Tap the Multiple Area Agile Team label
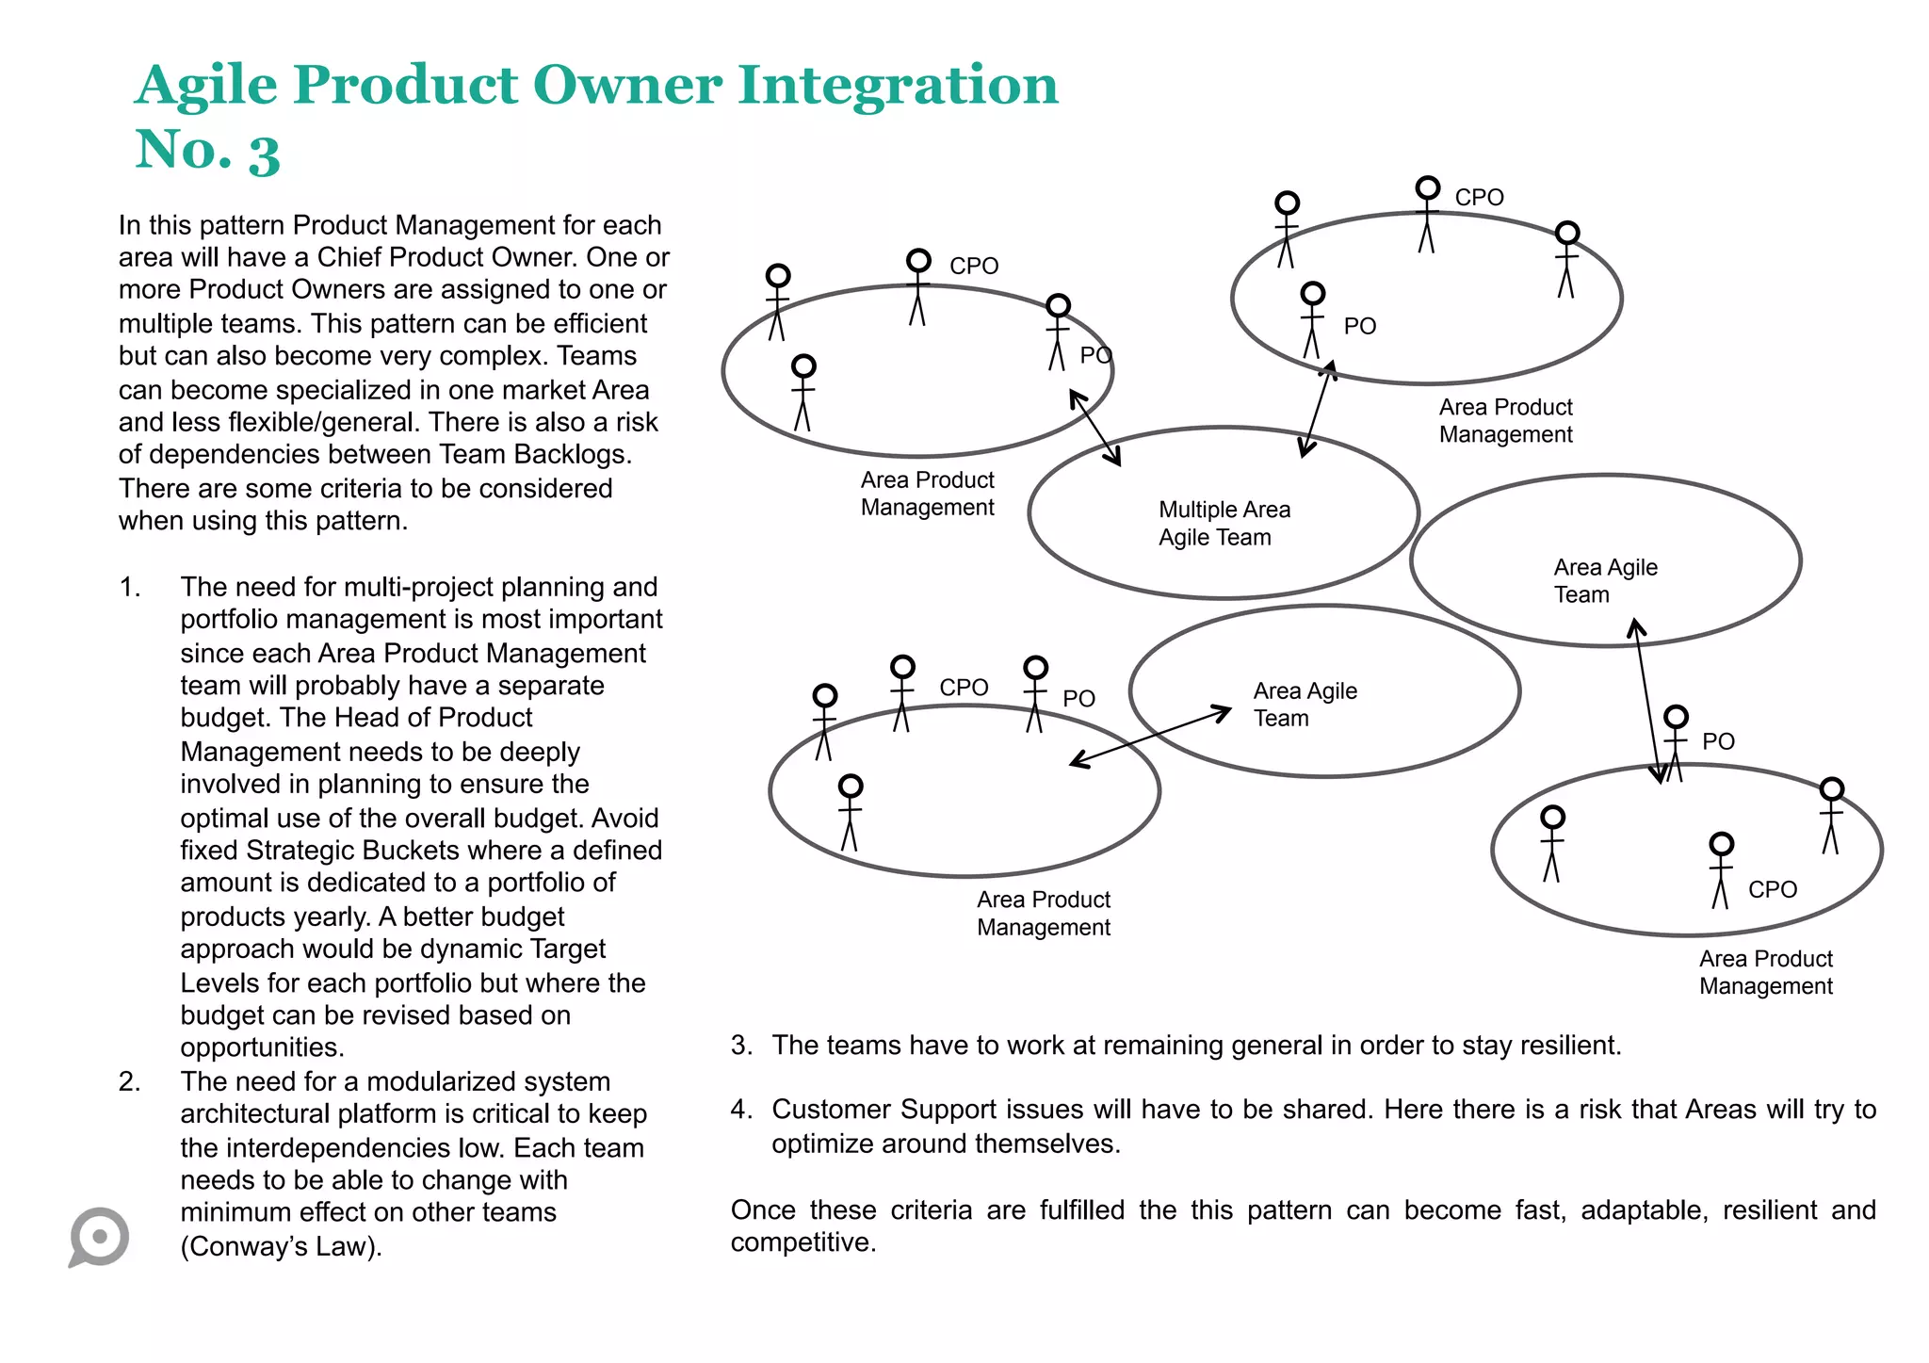(x=1224, y=524)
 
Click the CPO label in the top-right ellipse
(x=1479, y=198)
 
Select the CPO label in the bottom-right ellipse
(x=1772, y=889)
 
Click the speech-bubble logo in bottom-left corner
(x=100, y=1237)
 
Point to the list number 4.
(x=741, y=1110)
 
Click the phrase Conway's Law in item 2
(x=281, y=1246)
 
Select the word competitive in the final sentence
(x=802, y=1242)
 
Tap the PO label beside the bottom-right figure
(x=1718, y=741)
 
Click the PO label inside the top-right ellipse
(x=1359, y=326)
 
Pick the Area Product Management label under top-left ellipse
(x=927, y=494)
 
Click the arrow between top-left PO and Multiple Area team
(x=1095, y=429)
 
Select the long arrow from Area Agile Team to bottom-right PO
(x=1648, y=701)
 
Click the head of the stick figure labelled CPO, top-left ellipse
(x=918, y=261)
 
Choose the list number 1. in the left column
(x=130, y=587)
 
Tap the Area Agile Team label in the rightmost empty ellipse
(x=1604, y=581)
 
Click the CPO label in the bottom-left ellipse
(x=963, y=688)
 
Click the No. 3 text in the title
(x=208, y=151)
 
